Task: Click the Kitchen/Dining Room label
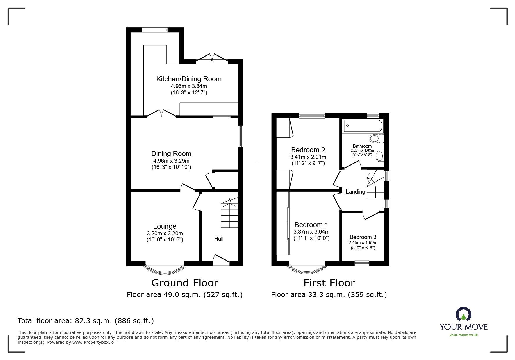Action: click(x=189, y=79)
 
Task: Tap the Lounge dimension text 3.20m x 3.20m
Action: click(x=165, y=233)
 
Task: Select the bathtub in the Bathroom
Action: click(x=362, y=126)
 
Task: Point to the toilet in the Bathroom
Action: click(x=376, y=139)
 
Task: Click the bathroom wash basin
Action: click(x=379, y=156)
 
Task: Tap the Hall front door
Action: click(x=221, y=259)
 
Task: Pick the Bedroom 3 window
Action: click(x=362, y=263)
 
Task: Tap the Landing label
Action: click(x=355, y=192)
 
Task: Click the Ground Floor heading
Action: click(x=185, y=283)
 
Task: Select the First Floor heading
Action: click(x=329, y=283)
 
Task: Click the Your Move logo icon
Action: click(x=463, y=315)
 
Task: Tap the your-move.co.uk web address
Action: click(x=464, y=335)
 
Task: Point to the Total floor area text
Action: click(x=86, y=321)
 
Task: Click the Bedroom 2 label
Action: click(x=308, y=150)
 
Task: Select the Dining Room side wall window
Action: click(x=240, y=136)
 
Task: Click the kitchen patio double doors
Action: click(x=212, y=58)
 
